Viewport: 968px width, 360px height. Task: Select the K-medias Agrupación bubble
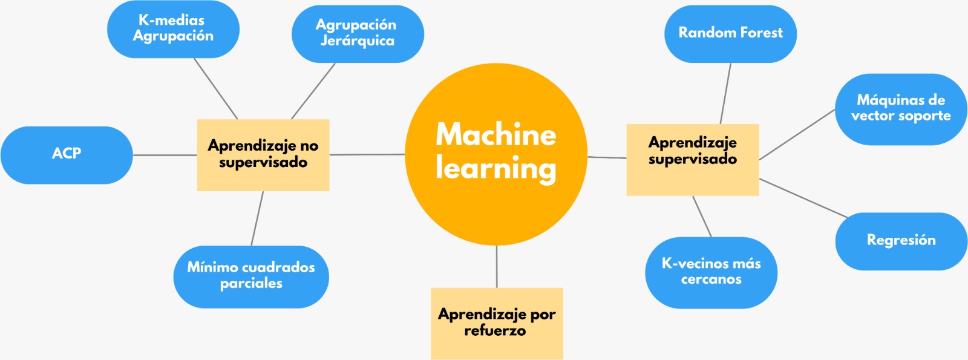tap(173, 29)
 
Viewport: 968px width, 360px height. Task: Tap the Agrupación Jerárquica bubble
tap(357, 33)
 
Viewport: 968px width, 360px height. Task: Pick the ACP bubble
tap(67, 154)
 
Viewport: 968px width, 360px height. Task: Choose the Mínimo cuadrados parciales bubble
tap(251, 276)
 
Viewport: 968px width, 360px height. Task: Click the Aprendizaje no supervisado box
tap(263, 155)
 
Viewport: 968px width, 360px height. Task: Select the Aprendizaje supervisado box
tap(692, 159)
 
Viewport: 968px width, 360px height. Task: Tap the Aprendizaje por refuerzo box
tap(497, 323)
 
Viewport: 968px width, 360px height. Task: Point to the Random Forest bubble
tap(730, 33)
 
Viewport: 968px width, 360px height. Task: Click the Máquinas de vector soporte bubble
tap(901, 109)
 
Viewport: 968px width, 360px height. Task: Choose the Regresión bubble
tap(901, 241)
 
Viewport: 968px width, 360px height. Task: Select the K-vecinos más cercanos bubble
tap(711, 272)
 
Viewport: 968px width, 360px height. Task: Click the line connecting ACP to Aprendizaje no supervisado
tap(165, 155)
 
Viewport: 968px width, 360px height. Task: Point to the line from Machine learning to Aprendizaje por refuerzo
tap(497, 266)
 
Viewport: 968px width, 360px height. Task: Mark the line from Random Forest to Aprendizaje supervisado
tap(725, 94)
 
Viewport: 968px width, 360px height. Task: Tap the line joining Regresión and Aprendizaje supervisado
tap(803, 198)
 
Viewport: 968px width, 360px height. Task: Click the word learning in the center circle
tap(496, 168)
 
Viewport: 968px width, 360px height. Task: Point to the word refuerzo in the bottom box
tap(495, 331)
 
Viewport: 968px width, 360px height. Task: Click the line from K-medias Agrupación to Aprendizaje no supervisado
tap(216, 89)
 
